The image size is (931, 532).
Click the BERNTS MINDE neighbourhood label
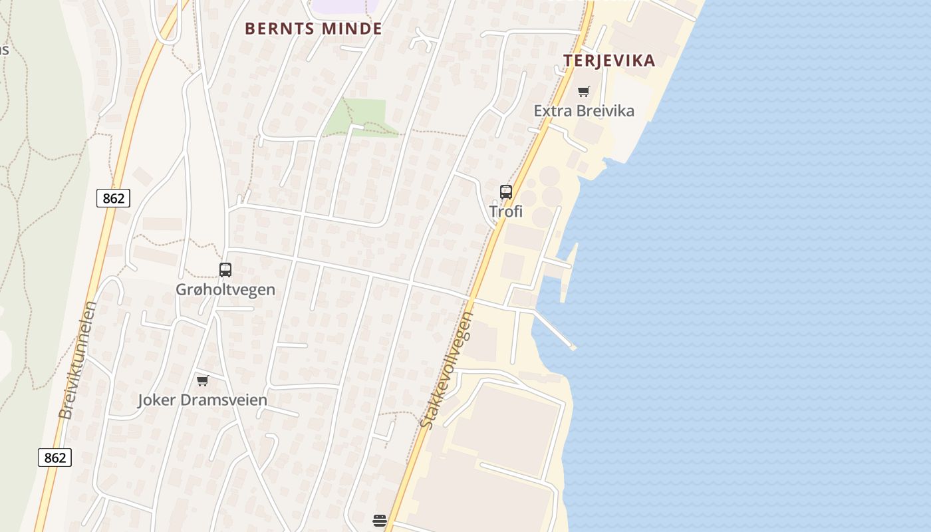click(x=313, y=29)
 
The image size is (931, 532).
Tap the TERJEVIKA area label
click(x=609, y=61)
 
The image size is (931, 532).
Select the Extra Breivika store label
click(x=584, y=110)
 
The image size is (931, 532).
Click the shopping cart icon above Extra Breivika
click(x=584, y=92)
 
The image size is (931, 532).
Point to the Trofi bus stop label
click(x=506, y=211)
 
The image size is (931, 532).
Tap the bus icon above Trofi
click(x=506, y=192)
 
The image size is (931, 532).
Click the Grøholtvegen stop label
click(x=225, y=289)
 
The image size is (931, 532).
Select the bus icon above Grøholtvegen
click(x=225, y=270)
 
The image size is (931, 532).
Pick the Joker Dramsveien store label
click(x=202, y=400)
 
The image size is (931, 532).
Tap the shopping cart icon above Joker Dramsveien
click(x=202, y=381)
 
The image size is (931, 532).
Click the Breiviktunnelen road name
click(x=78, y=360)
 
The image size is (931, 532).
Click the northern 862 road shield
click(x=113, y=198)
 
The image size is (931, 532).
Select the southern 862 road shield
click(x=55, y=458)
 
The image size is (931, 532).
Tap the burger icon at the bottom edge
click(x=380, y=521)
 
